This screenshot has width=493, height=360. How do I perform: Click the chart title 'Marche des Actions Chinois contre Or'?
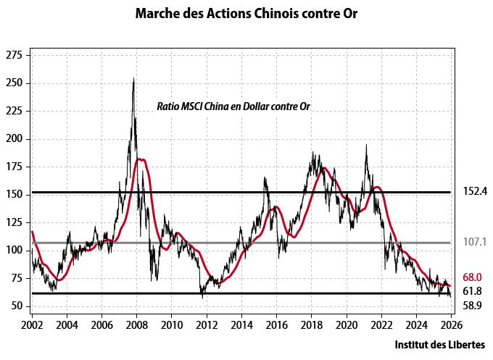[x=246, y=13]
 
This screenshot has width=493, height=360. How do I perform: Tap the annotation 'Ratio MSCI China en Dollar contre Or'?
[x=233, y=106]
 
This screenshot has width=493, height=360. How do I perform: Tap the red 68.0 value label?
[x=473, y=277]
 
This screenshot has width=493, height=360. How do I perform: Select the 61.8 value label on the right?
[x=473, y=290]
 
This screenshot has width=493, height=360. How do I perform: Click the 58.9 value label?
[x=473, y=306]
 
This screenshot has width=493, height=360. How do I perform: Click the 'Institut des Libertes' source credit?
[x=440, y=345]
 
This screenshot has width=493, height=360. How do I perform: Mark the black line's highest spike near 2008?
[x=133, y=79]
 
